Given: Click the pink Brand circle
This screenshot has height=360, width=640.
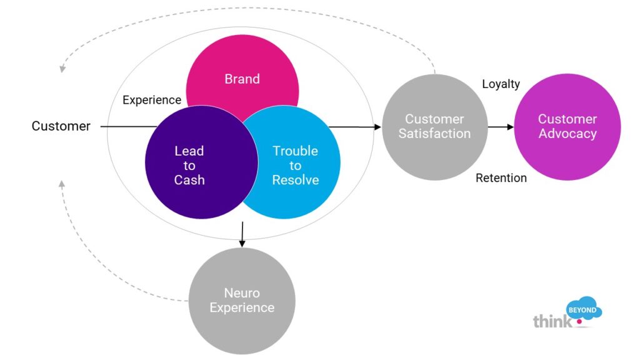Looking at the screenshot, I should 242,69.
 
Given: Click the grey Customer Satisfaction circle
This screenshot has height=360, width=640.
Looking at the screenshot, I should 434,127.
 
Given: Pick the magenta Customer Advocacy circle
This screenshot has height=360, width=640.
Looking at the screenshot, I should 567,127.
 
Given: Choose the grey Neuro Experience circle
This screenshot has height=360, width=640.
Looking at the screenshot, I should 242,301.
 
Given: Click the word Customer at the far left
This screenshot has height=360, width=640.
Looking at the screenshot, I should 61,127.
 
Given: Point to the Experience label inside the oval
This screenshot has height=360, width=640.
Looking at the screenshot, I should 152,100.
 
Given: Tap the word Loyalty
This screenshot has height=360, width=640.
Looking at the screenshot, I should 501,84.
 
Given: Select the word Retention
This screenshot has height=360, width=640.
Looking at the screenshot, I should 501,178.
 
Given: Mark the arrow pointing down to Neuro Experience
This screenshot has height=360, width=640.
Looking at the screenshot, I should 241,234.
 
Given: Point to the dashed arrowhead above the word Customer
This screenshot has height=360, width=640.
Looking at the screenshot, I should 61,69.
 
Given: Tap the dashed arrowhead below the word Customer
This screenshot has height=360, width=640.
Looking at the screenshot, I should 61,184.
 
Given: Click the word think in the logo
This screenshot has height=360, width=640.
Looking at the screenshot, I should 552,321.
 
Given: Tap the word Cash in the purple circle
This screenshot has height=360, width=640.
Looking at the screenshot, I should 189,181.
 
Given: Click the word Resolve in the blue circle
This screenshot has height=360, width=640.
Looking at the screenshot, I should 296,181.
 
